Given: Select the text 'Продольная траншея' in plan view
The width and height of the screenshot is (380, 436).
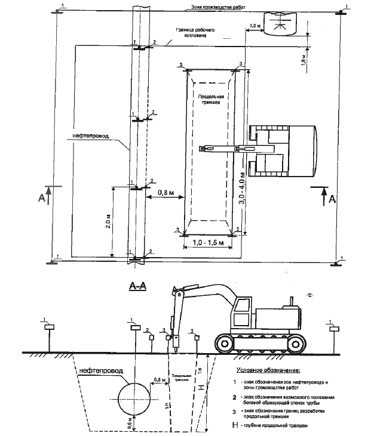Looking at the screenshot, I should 211,99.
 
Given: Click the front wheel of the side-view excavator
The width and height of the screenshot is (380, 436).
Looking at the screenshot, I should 223,342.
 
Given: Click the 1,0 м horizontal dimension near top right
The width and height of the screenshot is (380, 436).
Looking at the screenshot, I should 255,27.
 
